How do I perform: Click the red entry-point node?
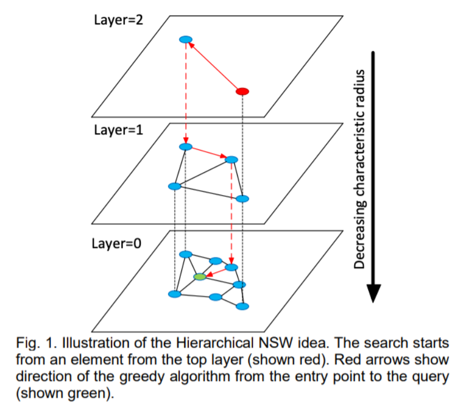pos(242,91)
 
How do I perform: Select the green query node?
pos(200,276)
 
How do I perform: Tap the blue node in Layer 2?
pos(186,40)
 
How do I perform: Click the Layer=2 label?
pos(118,20)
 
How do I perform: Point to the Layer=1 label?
pos(118,130)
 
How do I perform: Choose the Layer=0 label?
pos(116,244)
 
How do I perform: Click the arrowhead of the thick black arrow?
pos(373,293)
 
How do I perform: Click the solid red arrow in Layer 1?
pos(209,152)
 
